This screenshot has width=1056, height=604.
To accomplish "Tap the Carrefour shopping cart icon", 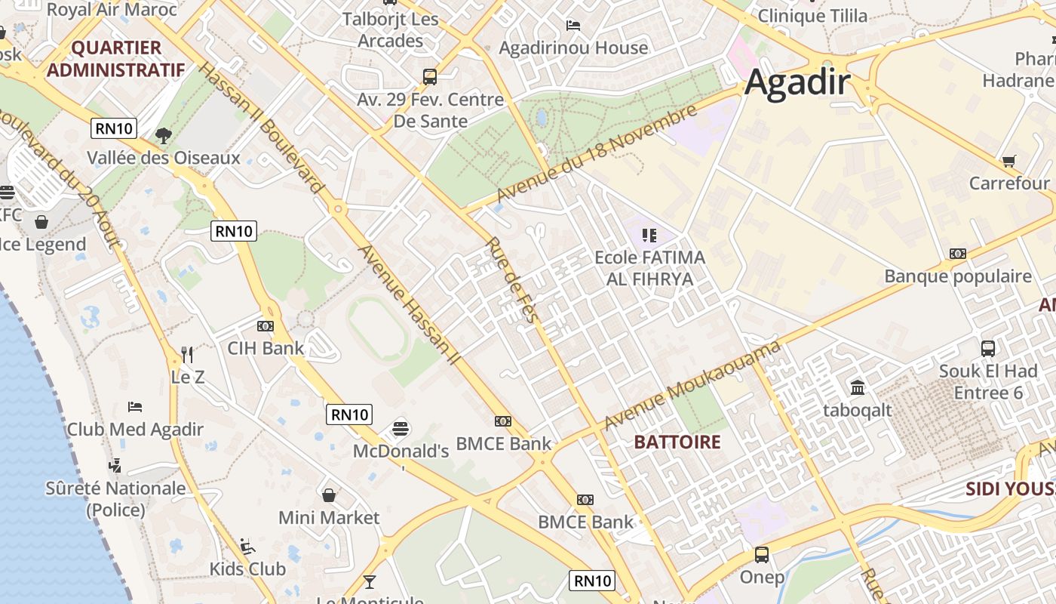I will pos(1008,161).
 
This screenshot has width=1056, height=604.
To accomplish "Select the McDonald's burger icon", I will pos(401,429).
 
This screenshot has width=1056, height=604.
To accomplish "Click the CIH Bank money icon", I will pos(265,326).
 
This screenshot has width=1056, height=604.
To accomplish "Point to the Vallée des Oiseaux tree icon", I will pos(163,136).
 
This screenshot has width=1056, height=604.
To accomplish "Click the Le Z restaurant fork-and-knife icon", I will pos(187,353).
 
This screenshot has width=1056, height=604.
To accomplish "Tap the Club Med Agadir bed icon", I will pos(135,407).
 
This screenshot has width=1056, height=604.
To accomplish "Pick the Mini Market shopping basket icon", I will pos(329,495).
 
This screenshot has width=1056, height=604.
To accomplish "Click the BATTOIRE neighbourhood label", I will pos(677,442).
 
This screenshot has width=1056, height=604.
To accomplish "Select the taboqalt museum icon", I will pos(858,388).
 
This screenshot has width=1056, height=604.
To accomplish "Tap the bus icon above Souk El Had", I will pos(987,348).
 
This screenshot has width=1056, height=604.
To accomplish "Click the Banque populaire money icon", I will pos(958,254).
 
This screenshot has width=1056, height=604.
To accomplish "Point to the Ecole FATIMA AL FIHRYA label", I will pos(649,267).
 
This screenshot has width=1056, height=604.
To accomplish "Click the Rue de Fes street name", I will pos(513,280).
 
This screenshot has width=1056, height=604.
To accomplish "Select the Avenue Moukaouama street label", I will pos(692,386).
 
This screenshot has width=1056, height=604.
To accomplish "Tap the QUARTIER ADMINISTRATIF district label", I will pos(116,59).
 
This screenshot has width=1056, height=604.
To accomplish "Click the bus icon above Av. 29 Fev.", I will pos(430,76).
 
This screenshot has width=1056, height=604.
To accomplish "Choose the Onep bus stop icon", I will pos(762,555).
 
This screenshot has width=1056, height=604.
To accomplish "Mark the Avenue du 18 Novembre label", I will pos(596,154).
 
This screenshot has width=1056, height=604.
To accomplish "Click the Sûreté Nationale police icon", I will pos(115,465).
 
